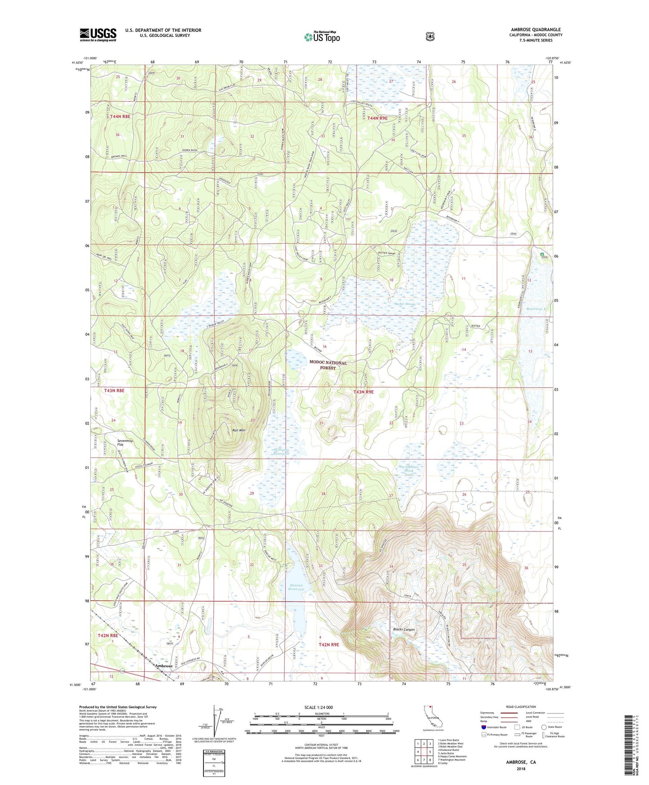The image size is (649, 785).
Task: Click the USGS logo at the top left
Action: coord(98,35)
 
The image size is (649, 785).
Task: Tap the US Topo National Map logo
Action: coord(322,37)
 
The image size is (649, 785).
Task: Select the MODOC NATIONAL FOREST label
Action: coord(328,365)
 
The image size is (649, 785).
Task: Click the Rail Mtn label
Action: coord(238,430)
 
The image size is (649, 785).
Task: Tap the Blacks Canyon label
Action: coord(404,629)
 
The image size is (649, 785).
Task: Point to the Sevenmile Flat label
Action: coord(125,443)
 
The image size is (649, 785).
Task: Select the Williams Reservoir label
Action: coord(281,451)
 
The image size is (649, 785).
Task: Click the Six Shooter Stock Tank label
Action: coord(409,471)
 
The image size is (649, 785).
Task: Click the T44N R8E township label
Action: coord(120,116)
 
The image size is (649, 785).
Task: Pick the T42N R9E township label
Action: coord(329,644)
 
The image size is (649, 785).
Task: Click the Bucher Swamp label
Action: coord(405,304)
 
